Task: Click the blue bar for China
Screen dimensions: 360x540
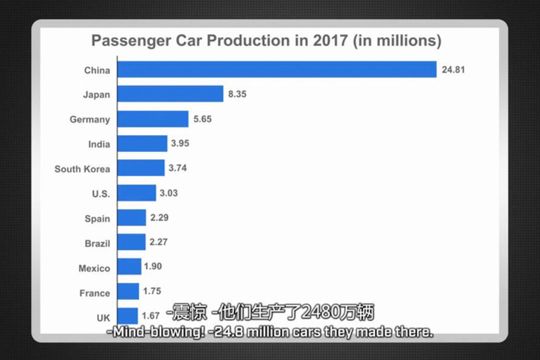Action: pyautogui.click(x=277, y=69)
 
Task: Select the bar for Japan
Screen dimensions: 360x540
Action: pyautogui.click(x=170, y=94)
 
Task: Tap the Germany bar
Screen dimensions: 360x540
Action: pyautogui.click(x=153, y=119)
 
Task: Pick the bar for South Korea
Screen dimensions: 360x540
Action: pyautogui.click(x=141, y=168)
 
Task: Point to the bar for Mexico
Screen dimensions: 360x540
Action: pyautogui.click(x=129, y=266)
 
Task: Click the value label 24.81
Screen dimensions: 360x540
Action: pyautogui.click(x=453, y=69)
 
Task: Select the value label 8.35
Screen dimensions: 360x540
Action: pyautogui.click(x=237, y=94)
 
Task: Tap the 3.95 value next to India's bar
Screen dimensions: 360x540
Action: pyautogui.click(x=180, y=143)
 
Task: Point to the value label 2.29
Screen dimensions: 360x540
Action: pyautogui.click(x=159, y=217)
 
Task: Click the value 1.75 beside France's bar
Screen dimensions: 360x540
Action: pyautogui.click(x=152, y=291)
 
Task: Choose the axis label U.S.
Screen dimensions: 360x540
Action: pyautogui.click(x=100, y=193)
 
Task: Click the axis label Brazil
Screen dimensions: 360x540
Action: pyautogui.click(x=97, y=243)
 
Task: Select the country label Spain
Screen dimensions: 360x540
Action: pyautogui.click(x=97, y=218)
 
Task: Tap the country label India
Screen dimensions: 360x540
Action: pyautogui.click(x=99, y=144)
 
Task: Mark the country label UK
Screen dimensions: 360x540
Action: pyautogui.click(x=103, y=317)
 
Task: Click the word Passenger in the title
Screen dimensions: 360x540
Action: pyautogui.click(x=130, y=40)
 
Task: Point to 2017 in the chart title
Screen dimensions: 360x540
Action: pyautogui.click(x=330, y=40)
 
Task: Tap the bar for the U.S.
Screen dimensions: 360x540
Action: pyautogui.click(x=136, y=193)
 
